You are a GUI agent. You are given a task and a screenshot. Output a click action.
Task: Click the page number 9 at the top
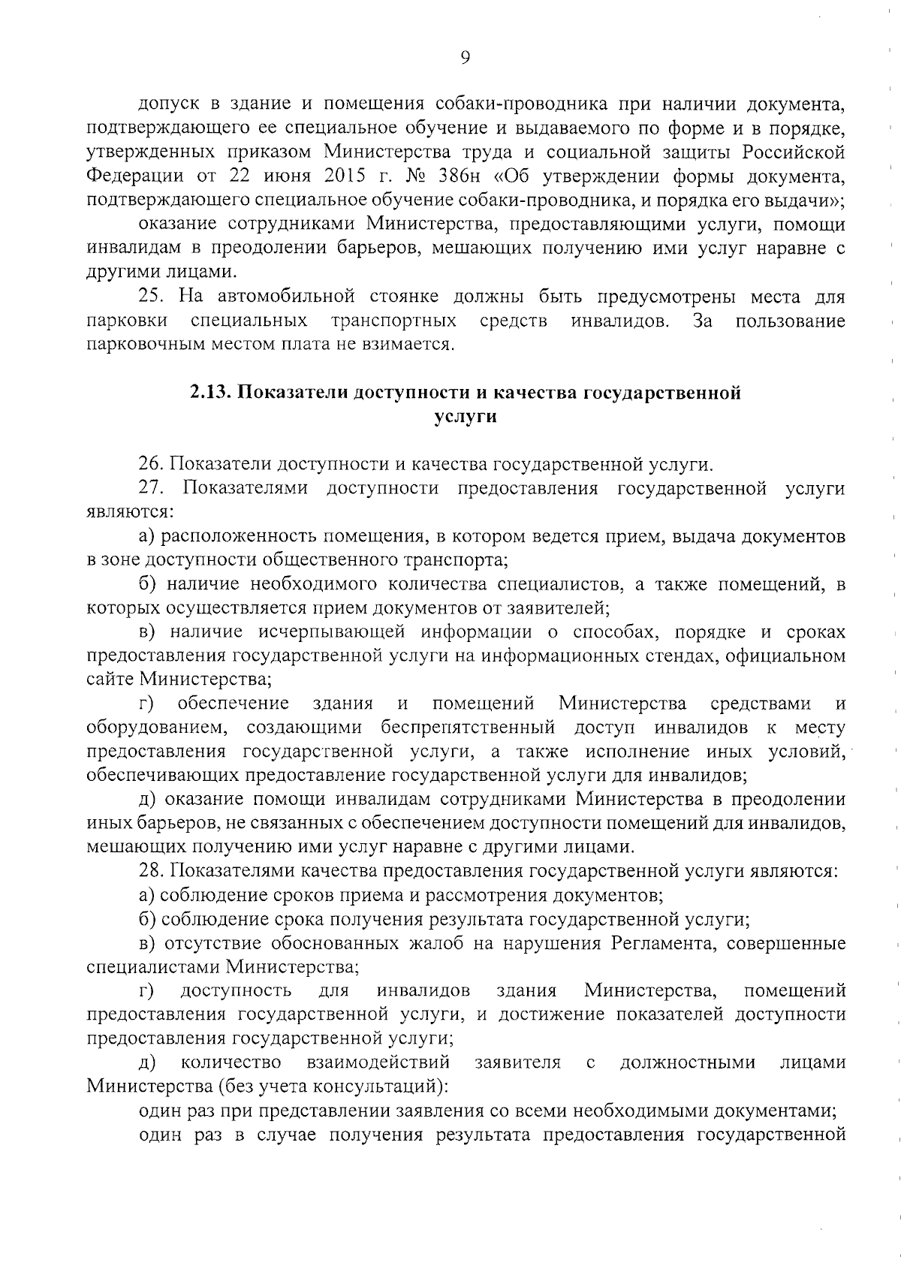coord(465,59)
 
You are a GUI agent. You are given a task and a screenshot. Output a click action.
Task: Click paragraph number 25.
coord(154,297)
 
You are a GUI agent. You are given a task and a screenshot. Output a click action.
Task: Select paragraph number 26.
coord(153,464)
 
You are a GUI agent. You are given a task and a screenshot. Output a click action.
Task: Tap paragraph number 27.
coord(153,488)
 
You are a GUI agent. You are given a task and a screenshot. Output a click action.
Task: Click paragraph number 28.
coord(153,871)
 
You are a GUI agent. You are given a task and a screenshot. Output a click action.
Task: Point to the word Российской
coord(794,152)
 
